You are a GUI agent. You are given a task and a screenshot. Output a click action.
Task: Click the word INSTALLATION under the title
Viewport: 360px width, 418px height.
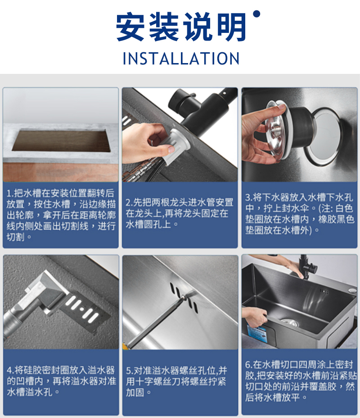181,59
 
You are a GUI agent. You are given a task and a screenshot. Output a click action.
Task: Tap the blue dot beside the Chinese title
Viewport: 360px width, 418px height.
256,14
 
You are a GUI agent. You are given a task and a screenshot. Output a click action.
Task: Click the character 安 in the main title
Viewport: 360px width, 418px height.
130,27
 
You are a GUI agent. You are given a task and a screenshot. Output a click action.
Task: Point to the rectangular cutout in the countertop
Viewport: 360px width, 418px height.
62,140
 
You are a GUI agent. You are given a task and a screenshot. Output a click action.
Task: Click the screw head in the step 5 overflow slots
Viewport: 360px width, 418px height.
184,296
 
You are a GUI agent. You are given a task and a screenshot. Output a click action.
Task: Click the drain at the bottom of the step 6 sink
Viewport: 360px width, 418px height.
289,323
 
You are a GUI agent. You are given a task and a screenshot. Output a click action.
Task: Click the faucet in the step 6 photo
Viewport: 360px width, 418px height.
307,267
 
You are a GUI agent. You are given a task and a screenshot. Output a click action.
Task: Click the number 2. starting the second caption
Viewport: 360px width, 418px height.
130,203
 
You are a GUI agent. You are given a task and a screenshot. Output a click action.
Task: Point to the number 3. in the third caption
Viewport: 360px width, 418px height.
249,198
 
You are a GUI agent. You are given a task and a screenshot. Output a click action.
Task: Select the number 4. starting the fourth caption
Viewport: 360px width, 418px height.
11,370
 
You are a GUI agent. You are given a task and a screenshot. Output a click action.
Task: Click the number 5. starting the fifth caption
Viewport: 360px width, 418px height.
130,371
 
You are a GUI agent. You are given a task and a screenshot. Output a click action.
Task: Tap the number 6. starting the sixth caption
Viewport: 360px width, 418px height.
249,364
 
